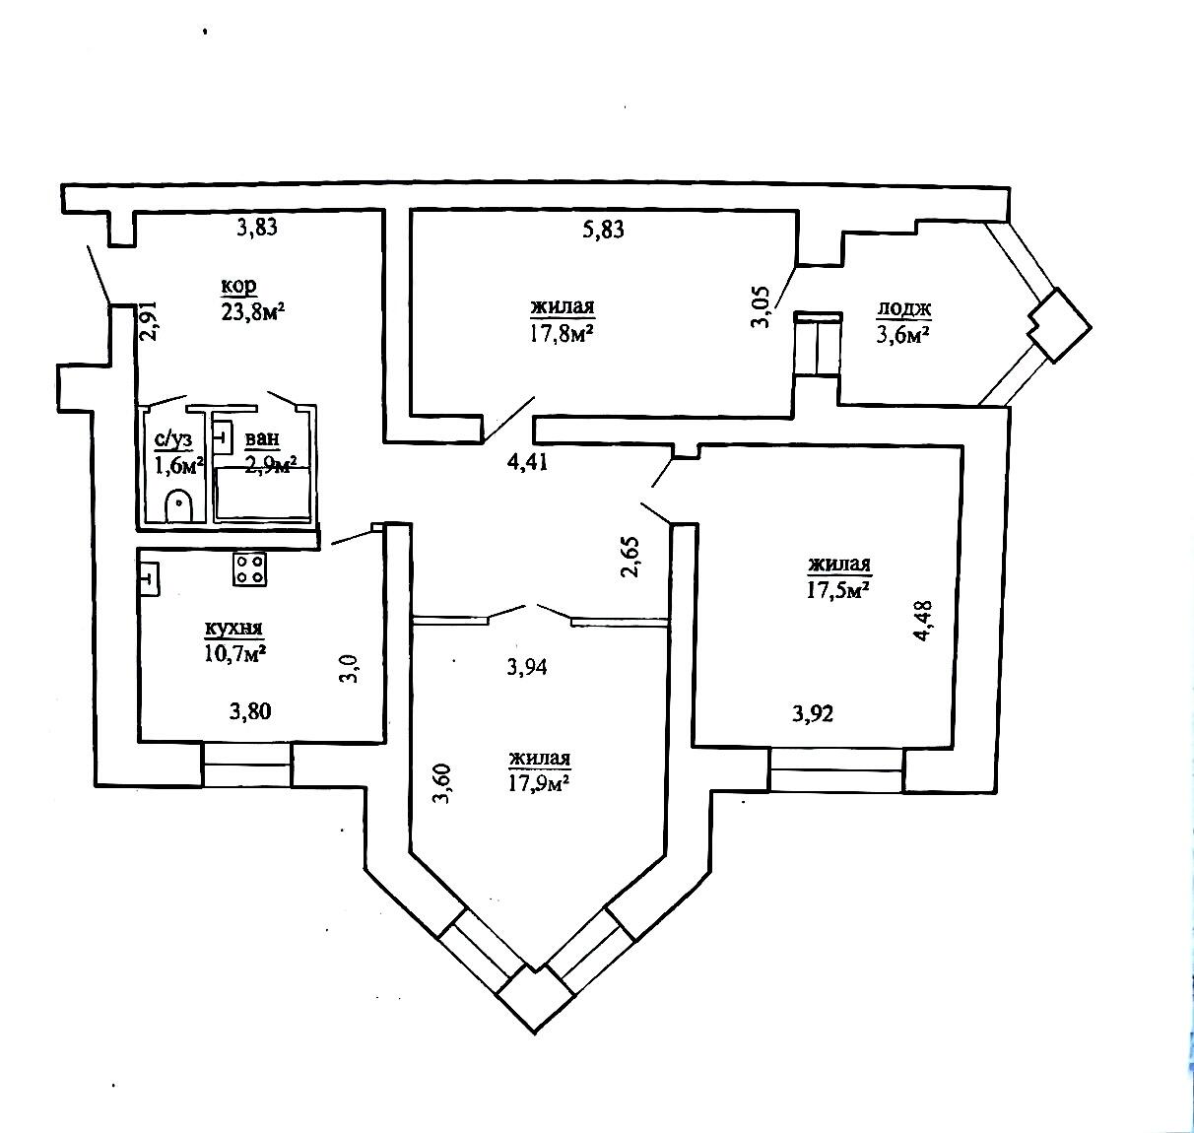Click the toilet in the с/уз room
(178, 504)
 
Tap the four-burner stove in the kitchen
(248, 568)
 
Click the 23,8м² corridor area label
(253, 312)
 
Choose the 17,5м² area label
(837, 589)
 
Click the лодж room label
(903, 309)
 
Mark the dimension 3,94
(527, 667)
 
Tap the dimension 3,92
(813, 713)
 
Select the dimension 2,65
(631, 557)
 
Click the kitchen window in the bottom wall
(246, 766)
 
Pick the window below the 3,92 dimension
(836, 769)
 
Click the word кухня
(233, 629)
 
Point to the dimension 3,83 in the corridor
(257, 228)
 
